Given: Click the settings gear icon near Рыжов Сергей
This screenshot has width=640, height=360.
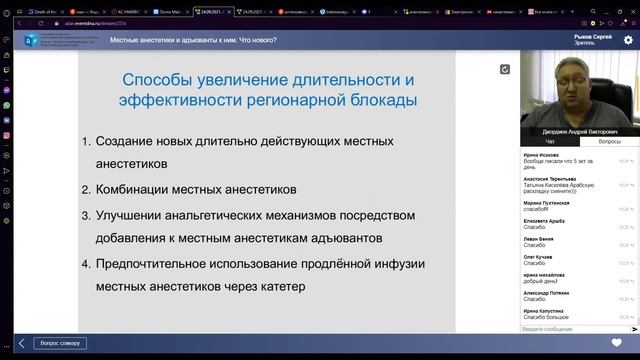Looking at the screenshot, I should (x=628, y=40).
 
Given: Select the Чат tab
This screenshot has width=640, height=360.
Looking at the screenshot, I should (x=549, y=142).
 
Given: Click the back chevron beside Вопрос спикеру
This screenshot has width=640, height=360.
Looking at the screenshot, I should (x=21, y=343).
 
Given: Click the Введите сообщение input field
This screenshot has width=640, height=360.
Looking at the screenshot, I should (x=565, y=328).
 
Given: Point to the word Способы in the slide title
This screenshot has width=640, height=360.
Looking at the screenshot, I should (x=158, y=79).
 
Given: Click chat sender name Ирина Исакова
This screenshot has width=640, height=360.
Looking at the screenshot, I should (x=543, y=156).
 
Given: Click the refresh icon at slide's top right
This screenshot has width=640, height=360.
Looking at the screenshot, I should (x=505, y=69).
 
